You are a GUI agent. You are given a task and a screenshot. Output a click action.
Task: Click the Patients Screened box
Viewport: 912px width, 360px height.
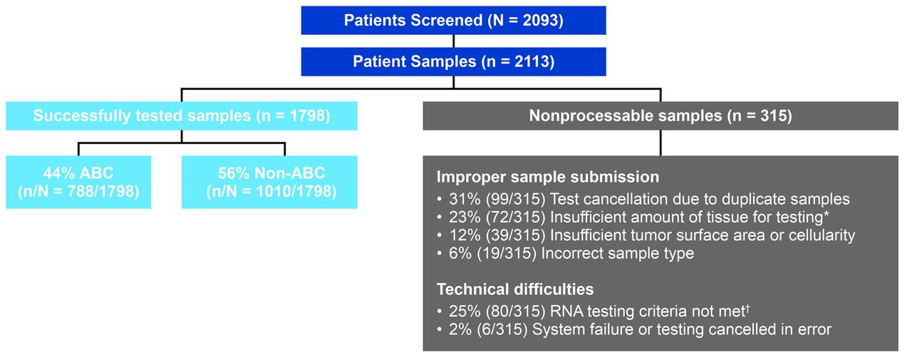point(454,21)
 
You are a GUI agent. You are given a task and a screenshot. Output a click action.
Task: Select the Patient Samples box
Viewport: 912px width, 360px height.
point(454,62)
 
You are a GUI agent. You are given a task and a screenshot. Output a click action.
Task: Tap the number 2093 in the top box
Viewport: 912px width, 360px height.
point(540,21)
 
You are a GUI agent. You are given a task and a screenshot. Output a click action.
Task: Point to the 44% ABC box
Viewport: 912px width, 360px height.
point(78,182)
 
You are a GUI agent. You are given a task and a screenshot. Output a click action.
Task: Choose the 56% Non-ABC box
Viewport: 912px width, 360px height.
point(269,182)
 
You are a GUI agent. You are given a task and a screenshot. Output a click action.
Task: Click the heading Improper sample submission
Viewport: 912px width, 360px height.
point(548,178)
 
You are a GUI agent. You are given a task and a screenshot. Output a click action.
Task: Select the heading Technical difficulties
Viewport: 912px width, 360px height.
point(515,289)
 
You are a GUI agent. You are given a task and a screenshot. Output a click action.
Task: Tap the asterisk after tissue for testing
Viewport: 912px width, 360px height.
point(826,214)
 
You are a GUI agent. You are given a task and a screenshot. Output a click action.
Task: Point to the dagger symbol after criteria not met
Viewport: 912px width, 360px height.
point(747,308)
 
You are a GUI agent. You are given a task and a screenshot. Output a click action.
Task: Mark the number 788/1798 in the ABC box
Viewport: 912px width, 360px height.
point(100,192)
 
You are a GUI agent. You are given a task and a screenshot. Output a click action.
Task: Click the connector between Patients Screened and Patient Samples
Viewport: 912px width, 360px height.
point(454,41)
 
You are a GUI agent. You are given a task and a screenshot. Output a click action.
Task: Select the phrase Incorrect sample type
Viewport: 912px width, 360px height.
point(617,254)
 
